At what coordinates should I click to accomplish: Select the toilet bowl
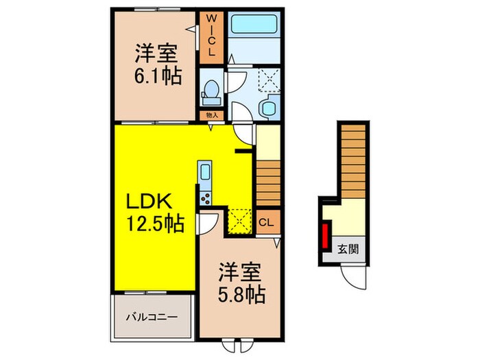pyautogui.click(x=211, y=90)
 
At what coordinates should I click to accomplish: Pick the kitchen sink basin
pyautogui.click(x=205, y=172)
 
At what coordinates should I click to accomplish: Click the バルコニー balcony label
pyautogui.click(x=152, y=318)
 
